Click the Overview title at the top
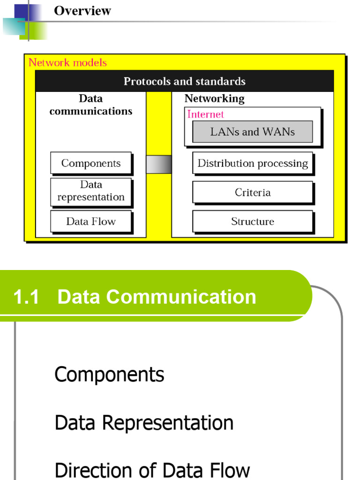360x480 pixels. click(x=82, y=11)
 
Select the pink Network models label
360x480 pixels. click(x=67, y=62)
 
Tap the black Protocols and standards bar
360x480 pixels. click(x=184, y=81)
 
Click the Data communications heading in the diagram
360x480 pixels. click(x=91, y=105)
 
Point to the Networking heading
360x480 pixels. click(x=214, y=98)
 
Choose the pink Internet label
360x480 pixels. click(x=205, y=114)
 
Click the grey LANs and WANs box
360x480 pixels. click(x=252, y=132)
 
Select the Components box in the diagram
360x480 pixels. click(x=91, y=163)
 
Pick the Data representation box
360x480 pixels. click(x=91, y=191)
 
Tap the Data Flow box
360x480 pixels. click(x=91, y=221)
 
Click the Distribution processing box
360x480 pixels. click(x=252, y=163)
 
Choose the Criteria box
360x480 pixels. click(x=252, y=192)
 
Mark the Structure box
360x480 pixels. click(x=252, y=221)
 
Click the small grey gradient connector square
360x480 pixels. click(x=158, y=164)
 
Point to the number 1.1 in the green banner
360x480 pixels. click(x=26, y=297)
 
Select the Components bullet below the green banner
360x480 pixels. click(x=109, y=375)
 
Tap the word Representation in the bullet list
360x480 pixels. click(x=167, y=423)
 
